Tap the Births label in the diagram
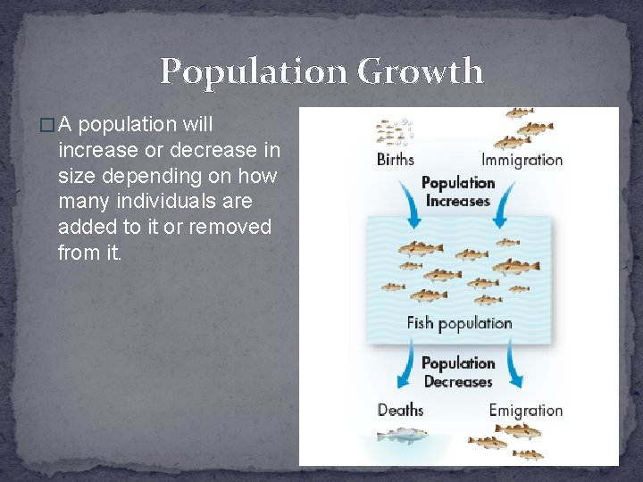click(x=396, y=161)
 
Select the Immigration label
click(x=522, y=161)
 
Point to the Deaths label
click(x=400, y=410)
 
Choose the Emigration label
click(x=525, y=411)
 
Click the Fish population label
click(x=459, y=323)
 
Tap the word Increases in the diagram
click(x=458, y=201)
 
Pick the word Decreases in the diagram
click(x=458, y=381)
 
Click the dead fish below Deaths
click(x=402, y=436)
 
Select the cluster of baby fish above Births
click(x=393, y=130)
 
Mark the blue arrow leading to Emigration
click(x=513, y=364)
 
